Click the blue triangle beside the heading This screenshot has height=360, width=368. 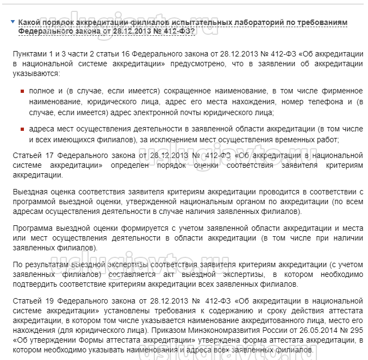coord(13,22)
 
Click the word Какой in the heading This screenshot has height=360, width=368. coord(29,22)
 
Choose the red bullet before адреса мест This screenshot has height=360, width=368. coord(22,130)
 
